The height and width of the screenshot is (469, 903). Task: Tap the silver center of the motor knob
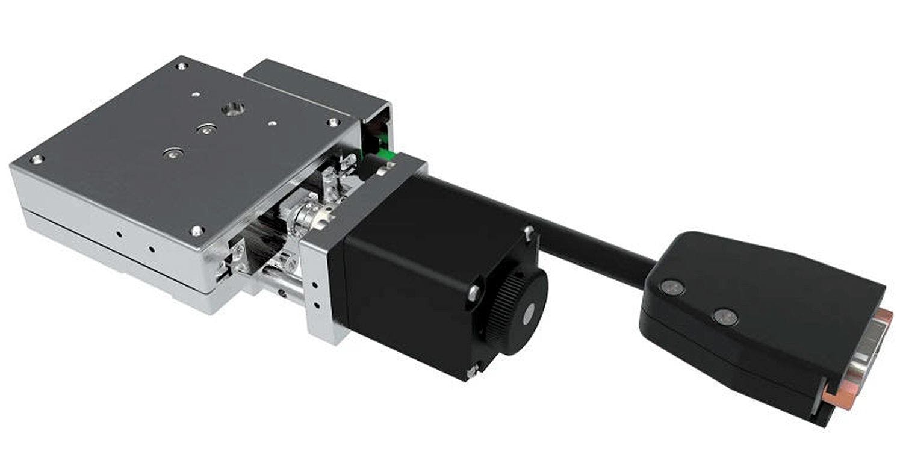click(x=529, y=313)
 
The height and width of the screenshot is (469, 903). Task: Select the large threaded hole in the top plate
click(x=232, y=109)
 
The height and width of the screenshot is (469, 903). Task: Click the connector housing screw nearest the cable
click(x=671, y=287)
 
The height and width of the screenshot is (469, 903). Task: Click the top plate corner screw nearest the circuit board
click(x=333, y=122)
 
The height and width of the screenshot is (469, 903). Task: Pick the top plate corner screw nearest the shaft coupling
click(x=197, y=230)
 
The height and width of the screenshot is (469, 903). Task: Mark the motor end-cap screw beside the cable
click(x=528, y=231)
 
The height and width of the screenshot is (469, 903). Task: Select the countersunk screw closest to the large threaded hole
click(x=206, y=129)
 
